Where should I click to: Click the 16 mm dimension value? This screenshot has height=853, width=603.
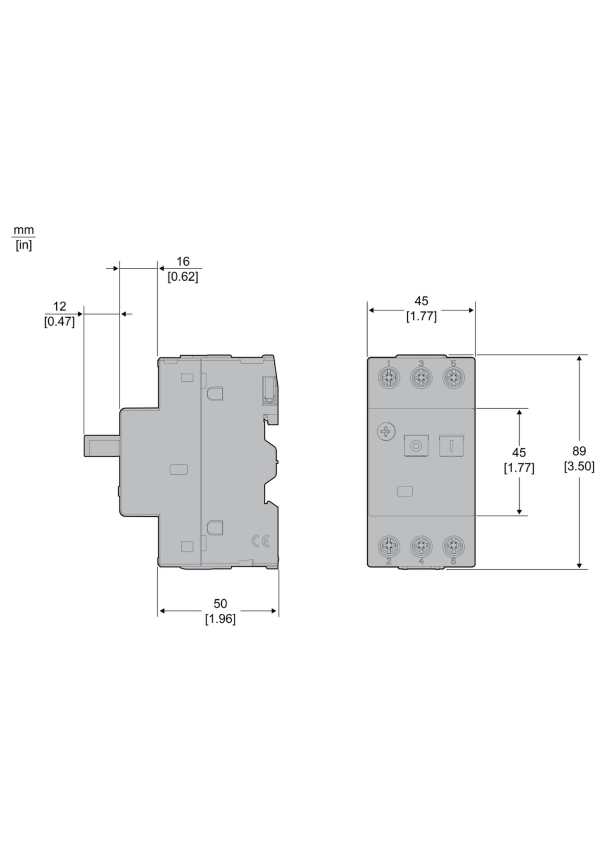coord(183,261)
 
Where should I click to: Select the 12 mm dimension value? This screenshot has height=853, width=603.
coord(60,306)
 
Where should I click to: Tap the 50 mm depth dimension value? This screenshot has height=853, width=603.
coord(220,603)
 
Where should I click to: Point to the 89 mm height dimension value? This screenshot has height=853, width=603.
coord(579,451)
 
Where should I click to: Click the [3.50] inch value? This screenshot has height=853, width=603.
coord(579,467)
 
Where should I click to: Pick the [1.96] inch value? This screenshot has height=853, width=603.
coord(220,619)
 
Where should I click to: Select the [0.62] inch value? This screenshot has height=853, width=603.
coord(183,277)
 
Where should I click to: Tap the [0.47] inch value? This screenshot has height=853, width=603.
coord(60,322)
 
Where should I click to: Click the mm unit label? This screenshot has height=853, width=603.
coord(24,231)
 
